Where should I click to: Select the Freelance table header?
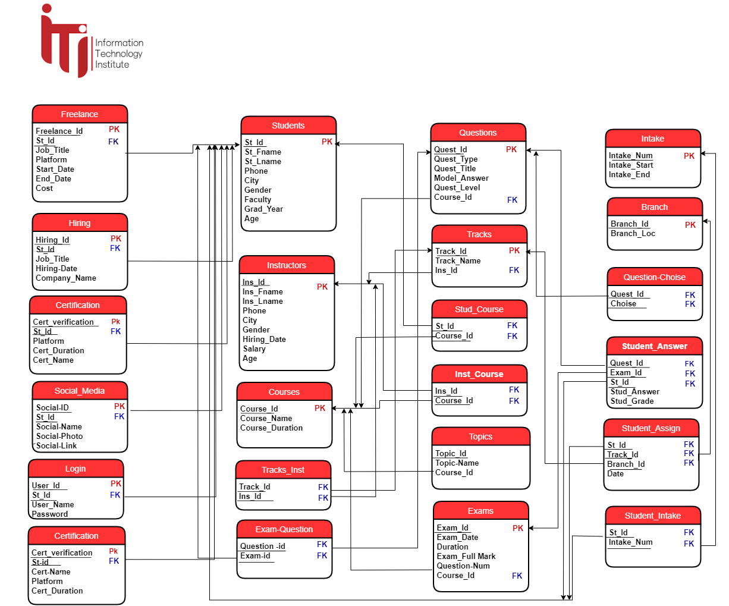[80, 114]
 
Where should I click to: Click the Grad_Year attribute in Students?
[263, 209]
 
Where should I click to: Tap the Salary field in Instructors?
[254, 349]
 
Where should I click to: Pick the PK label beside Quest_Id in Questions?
[511, 150]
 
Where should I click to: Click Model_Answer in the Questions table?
[461, 178]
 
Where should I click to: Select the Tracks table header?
[479, 234]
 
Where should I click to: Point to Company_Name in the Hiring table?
[65, 278]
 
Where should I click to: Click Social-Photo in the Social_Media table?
[59, 437]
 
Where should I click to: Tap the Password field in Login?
[50, 514]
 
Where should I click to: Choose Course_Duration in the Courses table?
[271, 428]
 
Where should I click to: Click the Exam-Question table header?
[284, 529]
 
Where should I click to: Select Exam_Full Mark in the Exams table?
[466, 557]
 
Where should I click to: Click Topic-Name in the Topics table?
[457, 463]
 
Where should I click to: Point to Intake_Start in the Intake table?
[630, 165]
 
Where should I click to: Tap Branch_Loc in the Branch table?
[633, 234]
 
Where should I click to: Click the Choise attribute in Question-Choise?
[623, 304]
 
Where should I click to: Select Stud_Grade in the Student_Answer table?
[631, 401]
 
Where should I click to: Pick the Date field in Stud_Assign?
[615, 474]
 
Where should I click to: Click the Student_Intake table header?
[653, 516]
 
